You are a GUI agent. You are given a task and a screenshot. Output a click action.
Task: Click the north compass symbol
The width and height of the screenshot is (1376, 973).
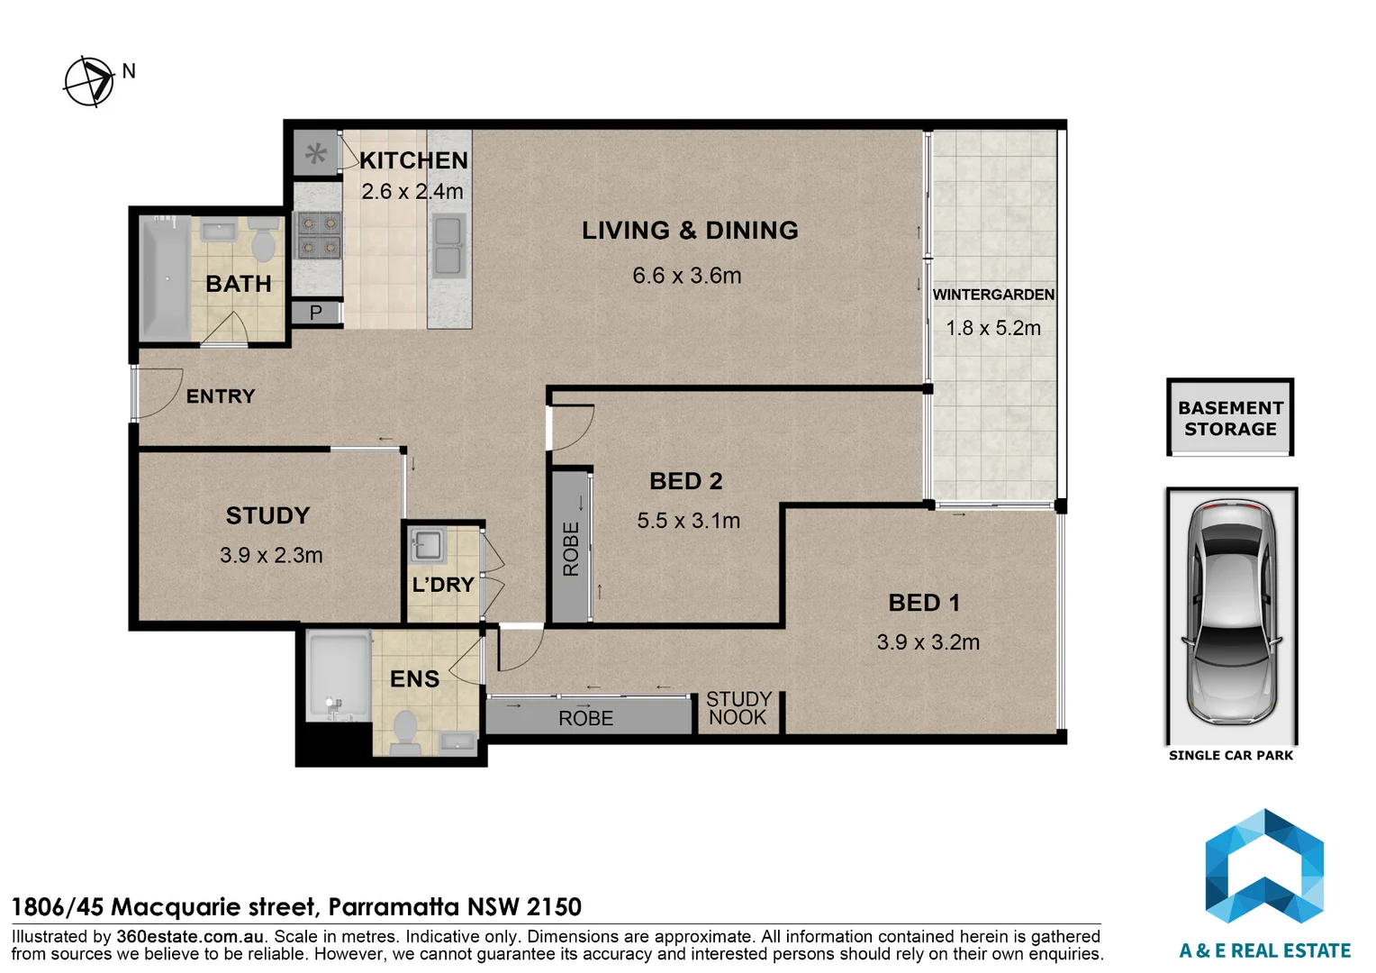coord(90,82)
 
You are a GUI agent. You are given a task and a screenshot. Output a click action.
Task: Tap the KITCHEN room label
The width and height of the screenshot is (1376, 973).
coord(414,160)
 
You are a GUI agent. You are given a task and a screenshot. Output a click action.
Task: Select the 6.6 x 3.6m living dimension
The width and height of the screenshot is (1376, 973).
coord(687,276)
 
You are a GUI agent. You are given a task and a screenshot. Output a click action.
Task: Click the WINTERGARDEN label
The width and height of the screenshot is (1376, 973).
coord(993,295)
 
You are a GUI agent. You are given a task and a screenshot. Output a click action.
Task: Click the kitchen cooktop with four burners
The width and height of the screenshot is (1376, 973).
coord(319,235)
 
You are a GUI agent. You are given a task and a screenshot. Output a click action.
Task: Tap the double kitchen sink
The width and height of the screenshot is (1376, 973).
coord(448,246)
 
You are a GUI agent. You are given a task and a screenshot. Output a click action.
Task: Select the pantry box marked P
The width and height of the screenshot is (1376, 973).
coord(316,313)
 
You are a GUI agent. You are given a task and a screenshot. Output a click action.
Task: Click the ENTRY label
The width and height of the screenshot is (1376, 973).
coord(221,396)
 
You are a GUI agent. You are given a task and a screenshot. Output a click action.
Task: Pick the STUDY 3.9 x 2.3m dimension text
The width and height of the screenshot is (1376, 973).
coord(272,555)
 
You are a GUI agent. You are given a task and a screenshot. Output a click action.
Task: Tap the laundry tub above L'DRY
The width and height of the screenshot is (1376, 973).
coord(428,544)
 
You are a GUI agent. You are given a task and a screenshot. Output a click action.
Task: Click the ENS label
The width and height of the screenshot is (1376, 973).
coord(414,678)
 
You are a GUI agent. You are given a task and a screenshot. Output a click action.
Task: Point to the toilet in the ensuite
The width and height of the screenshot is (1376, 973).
coord(405,732)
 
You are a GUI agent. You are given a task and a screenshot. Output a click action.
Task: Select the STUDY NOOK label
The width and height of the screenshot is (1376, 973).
coord(738,708)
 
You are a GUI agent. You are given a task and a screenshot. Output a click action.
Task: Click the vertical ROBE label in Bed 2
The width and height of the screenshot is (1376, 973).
coord(571,549)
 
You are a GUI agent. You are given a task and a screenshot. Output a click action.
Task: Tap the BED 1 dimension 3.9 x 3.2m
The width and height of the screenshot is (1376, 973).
coord(928,641)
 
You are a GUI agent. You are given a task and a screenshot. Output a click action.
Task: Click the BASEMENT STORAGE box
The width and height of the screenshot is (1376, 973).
coord(1230,417)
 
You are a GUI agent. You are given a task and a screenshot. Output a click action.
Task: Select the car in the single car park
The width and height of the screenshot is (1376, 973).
coord(1231,612)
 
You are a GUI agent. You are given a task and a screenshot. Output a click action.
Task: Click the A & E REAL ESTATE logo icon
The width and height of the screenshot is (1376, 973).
coord(1264,868)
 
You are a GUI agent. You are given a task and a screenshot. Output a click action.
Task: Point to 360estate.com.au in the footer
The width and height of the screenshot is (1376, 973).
coord(190,936)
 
